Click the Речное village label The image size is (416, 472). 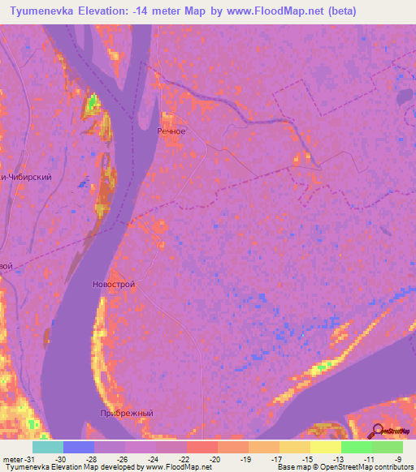click(171, 131)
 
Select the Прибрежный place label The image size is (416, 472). click(126, 413)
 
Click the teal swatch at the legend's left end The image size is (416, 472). click(48, 447)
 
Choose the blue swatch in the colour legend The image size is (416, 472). click(79, 447)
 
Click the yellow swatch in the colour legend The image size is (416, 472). click(325, 447)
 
